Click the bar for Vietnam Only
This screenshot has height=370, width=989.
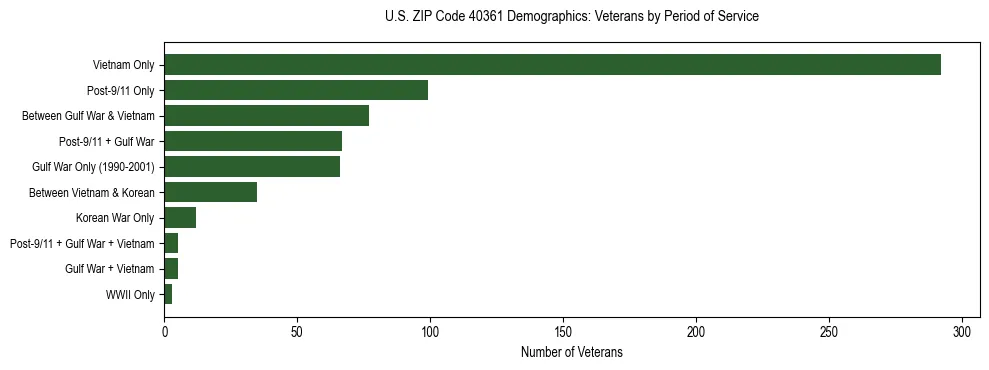[x=552, y=65]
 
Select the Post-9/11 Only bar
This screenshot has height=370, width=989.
[x=296, y=90]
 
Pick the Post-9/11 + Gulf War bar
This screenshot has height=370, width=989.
[x=253, y=141]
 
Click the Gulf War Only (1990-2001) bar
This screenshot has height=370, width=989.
[x=252, y=167]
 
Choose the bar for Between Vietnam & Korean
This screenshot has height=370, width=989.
[x=210, y=192]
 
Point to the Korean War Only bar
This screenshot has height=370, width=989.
[x=180, y=218]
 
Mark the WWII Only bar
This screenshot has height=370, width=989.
[x=168, y=294]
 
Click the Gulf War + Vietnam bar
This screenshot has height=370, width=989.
[x=171, y=269]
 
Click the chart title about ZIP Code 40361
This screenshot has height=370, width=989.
[x=571, y=17]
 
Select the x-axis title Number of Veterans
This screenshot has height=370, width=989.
[x=571, y=352]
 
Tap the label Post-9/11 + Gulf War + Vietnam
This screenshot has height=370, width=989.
[x=82, y=243]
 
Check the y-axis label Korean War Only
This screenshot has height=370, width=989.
[x=115, y=218]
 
